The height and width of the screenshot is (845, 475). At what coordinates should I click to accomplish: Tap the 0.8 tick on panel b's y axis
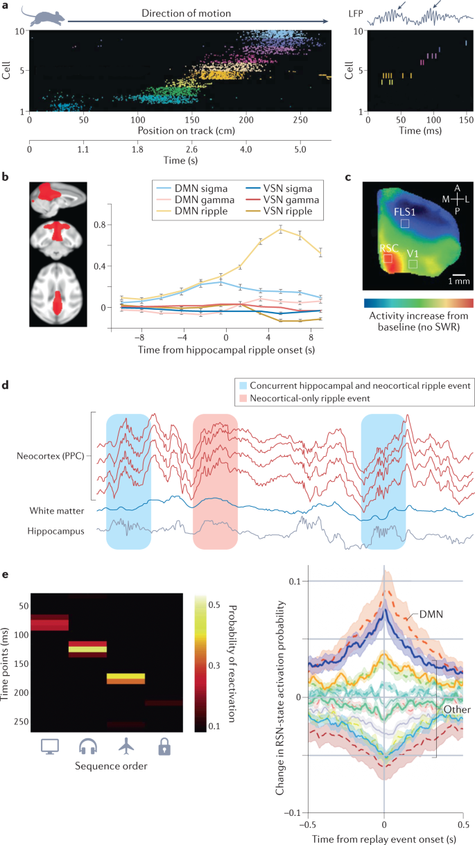point(101,225)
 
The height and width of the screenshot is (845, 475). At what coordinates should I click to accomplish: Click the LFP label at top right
point(357,12)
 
